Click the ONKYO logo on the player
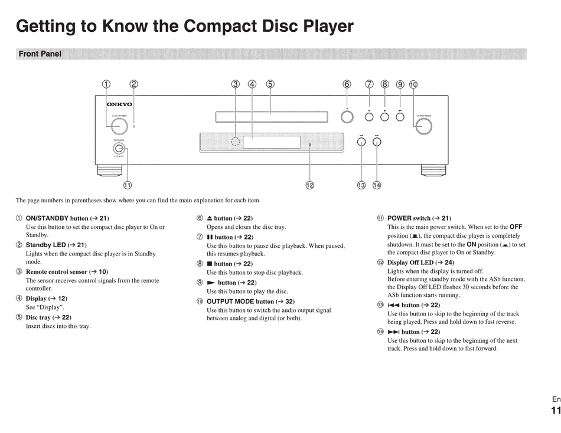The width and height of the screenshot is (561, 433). click(x=119, y=104)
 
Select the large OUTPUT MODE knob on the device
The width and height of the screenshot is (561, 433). click(x=423, y=126)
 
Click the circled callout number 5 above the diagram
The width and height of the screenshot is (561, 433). click(x=270, y=84)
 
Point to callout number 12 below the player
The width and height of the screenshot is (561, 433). click(x=309, y=185)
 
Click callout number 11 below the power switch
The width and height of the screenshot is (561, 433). click(x=127, y=185)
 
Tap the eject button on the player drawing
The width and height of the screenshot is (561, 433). click(x=347, y=117)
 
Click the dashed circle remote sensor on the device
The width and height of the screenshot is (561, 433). click(x=236, y=142)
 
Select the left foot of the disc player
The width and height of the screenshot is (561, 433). click(x=110, y=170)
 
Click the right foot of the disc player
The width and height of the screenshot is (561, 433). click(x=433, y=170)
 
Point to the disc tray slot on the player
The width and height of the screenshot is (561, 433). click(x=271, y=117)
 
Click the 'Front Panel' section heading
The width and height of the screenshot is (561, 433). click(x=40, y=54)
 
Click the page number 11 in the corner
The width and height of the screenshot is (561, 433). click(x=555, y=411)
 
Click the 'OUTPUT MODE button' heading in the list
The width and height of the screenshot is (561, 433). click(x=240, y=301)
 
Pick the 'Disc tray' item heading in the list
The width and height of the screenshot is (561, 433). click(x=38, y=317)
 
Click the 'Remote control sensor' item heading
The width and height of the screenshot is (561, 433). click(x=56, y=271)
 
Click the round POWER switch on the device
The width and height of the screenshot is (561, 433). click(x=119, y=149)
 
